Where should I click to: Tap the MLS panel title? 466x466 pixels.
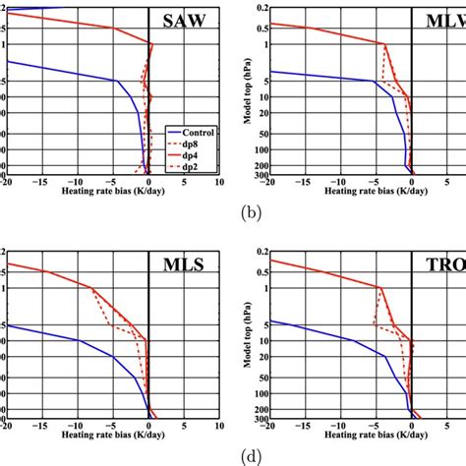point(191,262)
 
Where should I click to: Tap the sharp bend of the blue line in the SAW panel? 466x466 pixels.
point(117,81)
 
